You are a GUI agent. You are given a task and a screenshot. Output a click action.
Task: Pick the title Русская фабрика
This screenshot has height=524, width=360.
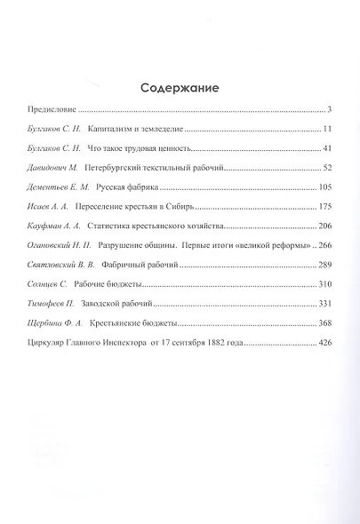tap(133, 187)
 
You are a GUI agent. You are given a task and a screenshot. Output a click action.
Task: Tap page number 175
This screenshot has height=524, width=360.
tap(324, 207)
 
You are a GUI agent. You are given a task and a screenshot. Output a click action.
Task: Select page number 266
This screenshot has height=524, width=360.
tap(324, 245)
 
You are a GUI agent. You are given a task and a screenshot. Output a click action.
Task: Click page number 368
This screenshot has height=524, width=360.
tap(324, 323)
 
